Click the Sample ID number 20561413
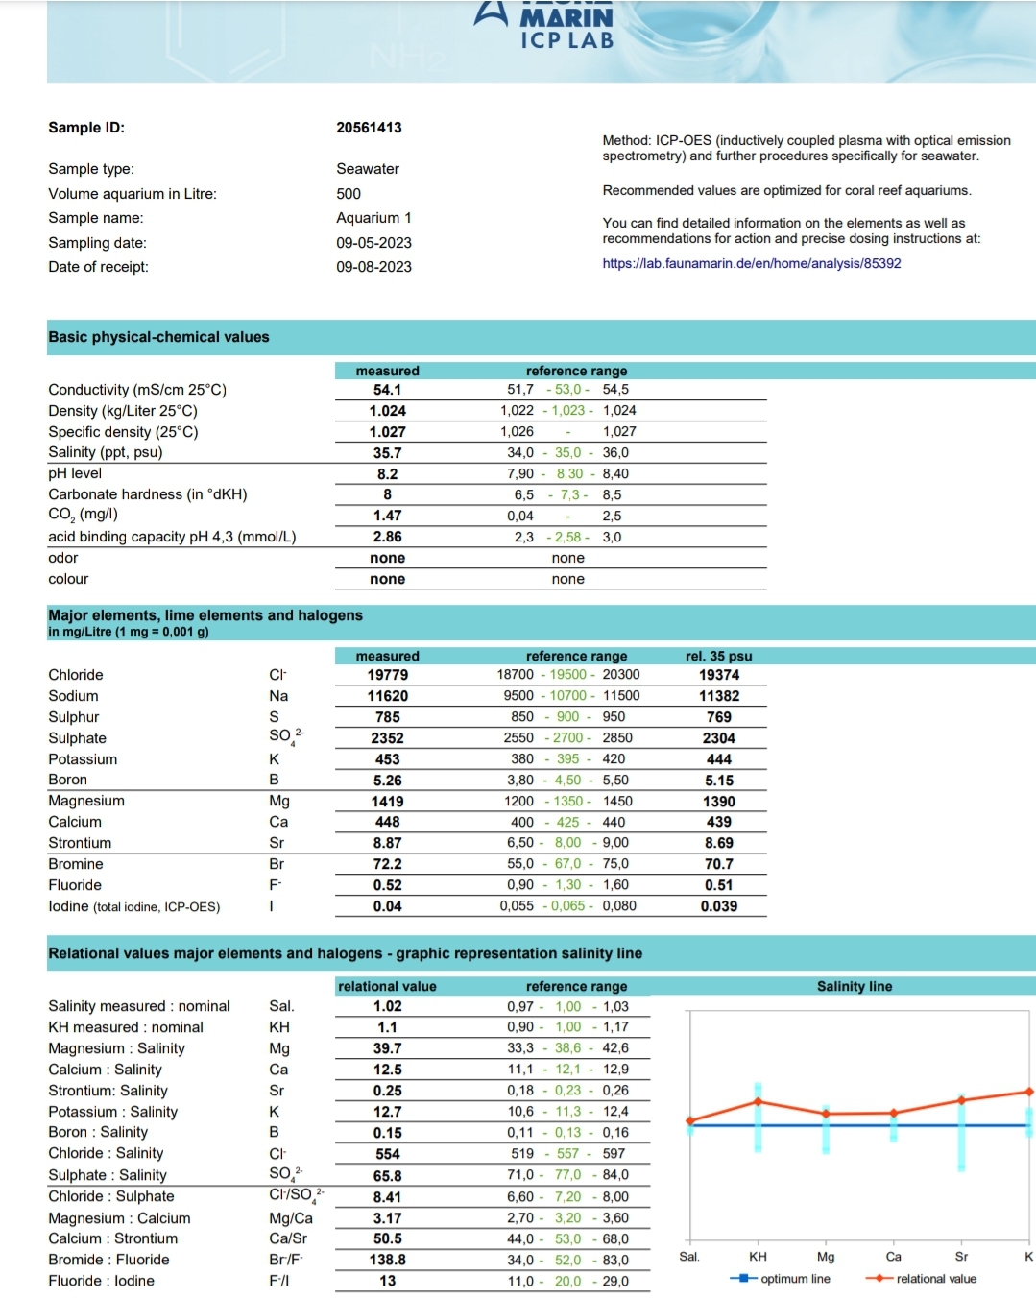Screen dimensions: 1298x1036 (x=369, y=128)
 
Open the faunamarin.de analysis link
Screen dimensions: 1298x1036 (x=751, y=263)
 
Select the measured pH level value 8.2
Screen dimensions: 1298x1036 (x=387, y=474)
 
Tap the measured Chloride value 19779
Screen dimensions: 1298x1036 (x=387, y=675)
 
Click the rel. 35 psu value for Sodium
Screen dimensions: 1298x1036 (x=718, y=696)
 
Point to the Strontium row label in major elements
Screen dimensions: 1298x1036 (x=80, y=843)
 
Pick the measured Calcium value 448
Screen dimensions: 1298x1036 (x=387, y=822)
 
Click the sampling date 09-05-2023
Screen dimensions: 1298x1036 (x=373, y=243)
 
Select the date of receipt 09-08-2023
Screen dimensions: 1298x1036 (x=373, y=267)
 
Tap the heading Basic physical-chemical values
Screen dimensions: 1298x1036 (x=158, y=337)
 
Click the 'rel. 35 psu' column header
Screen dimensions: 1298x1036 (x=718, y=657)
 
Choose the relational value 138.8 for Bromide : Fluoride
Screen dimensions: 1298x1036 (x=387, y=1260)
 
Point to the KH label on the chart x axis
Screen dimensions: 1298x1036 (x=758, y=1257)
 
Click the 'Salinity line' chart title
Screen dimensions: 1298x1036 (x=854, y=986)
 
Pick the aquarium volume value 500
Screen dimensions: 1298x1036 (x=349, y=194)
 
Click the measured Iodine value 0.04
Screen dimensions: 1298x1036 (x=387, y=906)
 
